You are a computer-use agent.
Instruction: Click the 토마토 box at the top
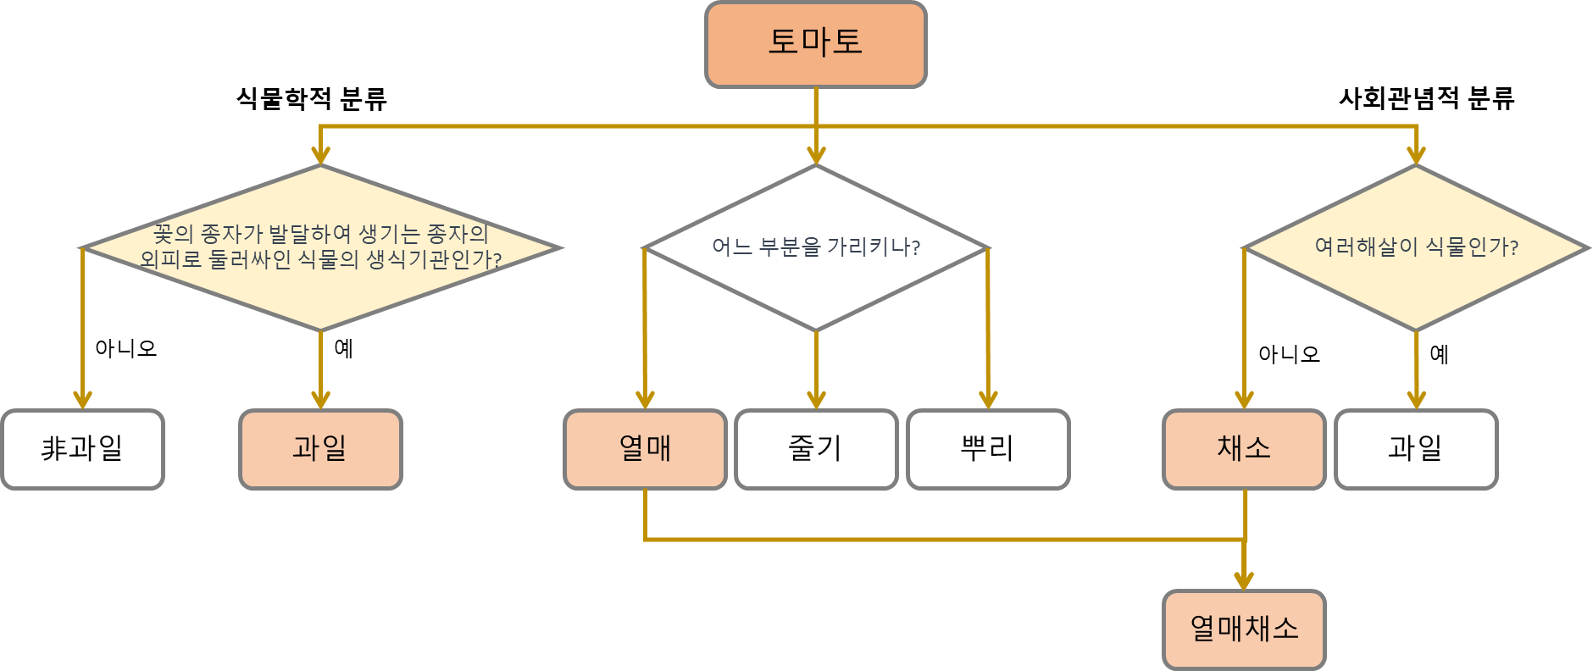click(x=815, y=44)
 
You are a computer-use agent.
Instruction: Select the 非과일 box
click(x=82, y=449)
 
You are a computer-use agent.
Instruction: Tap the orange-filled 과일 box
click(x=320, y=449)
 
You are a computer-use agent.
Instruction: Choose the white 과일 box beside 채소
click(x=1416, y=449)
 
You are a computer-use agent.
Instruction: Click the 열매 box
click(x=645, y=449)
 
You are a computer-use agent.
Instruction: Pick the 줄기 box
click(x=816, y=449)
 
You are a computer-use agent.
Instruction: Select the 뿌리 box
click(x=988, y=449)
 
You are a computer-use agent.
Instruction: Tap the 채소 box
click(x=1244, y=449)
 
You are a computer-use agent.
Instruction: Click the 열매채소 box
click(x=1244, y=629)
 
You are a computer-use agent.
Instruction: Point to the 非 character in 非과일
click(x=54, y=448)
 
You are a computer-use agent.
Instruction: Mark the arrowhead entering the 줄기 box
click(x=816, y=400)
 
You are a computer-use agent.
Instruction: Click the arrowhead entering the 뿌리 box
click(x=988, y=400)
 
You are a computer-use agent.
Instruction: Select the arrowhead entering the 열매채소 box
click(x=1244, y=580)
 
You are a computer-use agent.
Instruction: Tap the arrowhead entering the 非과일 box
click(x=82, y=400)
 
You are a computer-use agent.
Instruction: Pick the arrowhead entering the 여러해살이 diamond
click(x=1416, y=155)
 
